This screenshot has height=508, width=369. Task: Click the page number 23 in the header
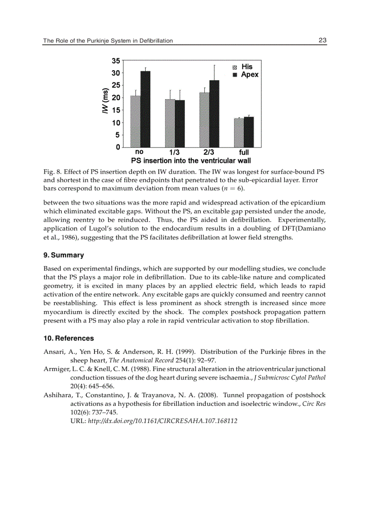pos(322,40)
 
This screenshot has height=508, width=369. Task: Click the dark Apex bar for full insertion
pos(249,132)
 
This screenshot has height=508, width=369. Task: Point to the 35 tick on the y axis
pos(116,61)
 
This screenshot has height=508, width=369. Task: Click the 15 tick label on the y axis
pos(116,110)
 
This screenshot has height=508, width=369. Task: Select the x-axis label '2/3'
pos(209,152)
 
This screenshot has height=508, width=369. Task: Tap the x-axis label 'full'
pos(244,152)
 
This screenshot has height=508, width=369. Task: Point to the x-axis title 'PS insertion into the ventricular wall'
pos(191,161)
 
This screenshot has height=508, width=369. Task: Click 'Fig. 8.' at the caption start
pos(52,172)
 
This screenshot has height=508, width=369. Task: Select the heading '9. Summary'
pos(64,255)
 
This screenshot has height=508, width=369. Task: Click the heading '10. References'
pos(69,338)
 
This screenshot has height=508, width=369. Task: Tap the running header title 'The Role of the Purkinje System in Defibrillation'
pos(108,41)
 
